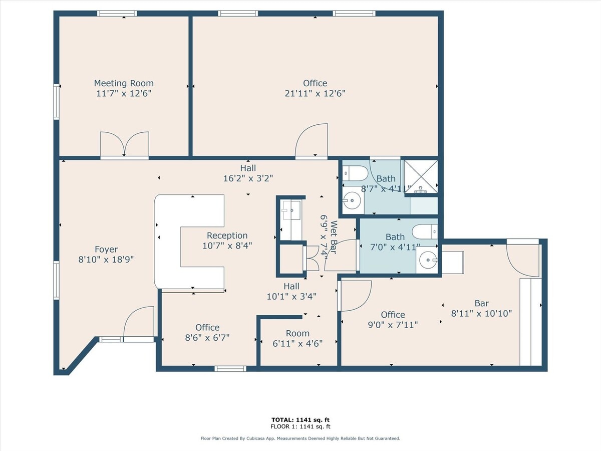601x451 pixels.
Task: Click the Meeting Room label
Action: tap(124, 83)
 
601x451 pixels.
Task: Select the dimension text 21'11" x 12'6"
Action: tap(315, 93)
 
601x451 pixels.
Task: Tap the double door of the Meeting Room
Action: tap(124, 144)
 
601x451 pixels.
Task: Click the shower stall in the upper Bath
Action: tap(421, 176)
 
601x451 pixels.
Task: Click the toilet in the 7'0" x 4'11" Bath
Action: tap(426, 232)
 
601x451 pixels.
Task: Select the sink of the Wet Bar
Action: tap(290, 210)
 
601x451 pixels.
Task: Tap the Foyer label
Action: tap(106, 250)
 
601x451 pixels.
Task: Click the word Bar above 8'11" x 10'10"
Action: tap(481, 303)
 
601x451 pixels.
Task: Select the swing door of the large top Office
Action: tap(312, 141)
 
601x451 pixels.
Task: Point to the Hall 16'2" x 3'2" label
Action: tap(248, 173)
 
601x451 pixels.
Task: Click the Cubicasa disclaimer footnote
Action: tap(300, 438)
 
